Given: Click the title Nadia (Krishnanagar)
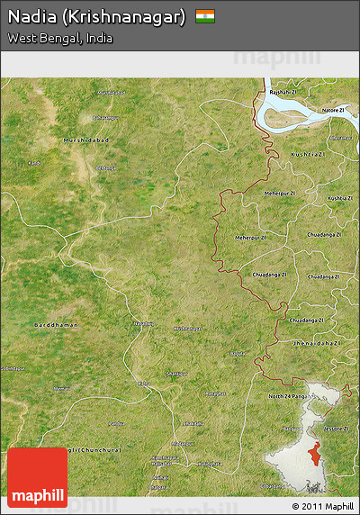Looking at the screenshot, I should coord(97,17).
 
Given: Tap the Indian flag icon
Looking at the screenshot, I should coord(205,16).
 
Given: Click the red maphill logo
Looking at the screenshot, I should coord(36,476).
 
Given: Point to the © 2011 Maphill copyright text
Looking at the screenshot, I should coord(322,506).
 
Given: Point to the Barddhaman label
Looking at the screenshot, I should coord(56,324).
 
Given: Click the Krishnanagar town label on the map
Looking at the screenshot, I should coord(187,329).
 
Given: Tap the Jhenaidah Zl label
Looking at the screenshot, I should coord(314,343).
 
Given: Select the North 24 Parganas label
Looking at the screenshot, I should coord(290,395).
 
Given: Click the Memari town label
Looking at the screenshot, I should coord(61,388).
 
